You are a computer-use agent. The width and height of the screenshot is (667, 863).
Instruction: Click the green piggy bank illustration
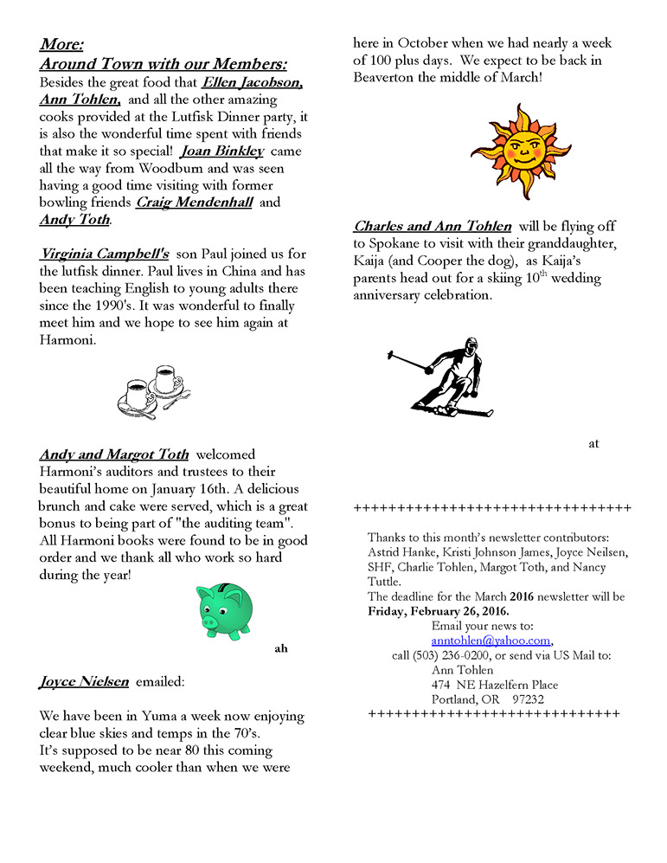(228, 609)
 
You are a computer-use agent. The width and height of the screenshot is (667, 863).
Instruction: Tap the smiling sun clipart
(510, 151)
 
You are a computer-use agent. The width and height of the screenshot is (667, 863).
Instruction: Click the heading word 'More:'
(61, 44)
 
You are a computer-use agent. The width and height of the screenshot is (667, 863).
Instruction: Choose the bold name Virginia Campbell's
(104, 254)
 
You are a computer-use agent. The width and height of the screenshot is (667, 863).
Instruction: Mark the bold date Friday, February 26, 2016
(438, 611)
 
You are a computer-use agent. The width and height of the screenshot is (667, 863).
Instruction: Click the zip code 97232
(528, 699)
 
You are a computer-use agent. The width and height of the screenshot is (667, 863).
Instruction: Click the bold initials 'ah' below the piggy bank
(280, 647)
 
